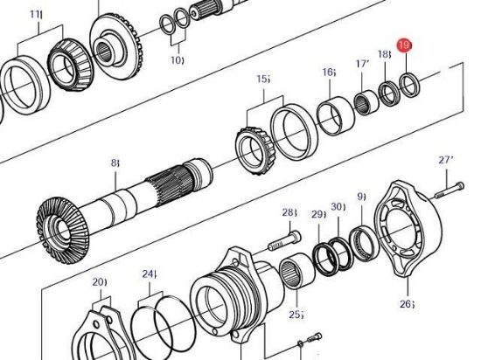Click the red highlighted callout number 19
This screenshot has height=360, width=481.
404,45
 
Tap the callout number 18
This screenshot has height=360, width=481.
385,54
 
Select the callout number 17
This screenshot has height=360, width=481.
363,64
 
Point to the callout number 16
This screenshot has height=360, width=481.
329,72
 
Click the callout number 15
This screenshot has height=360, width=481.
263,79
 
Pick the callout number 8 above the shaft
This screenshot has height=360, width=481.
115,163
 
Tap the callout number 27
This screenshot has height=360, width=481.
446,160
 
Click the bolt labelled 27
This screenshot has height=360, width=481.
450,190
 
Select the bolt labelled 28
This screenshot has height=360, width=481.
285,240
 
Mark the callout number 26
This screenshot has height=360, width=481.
407,303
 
